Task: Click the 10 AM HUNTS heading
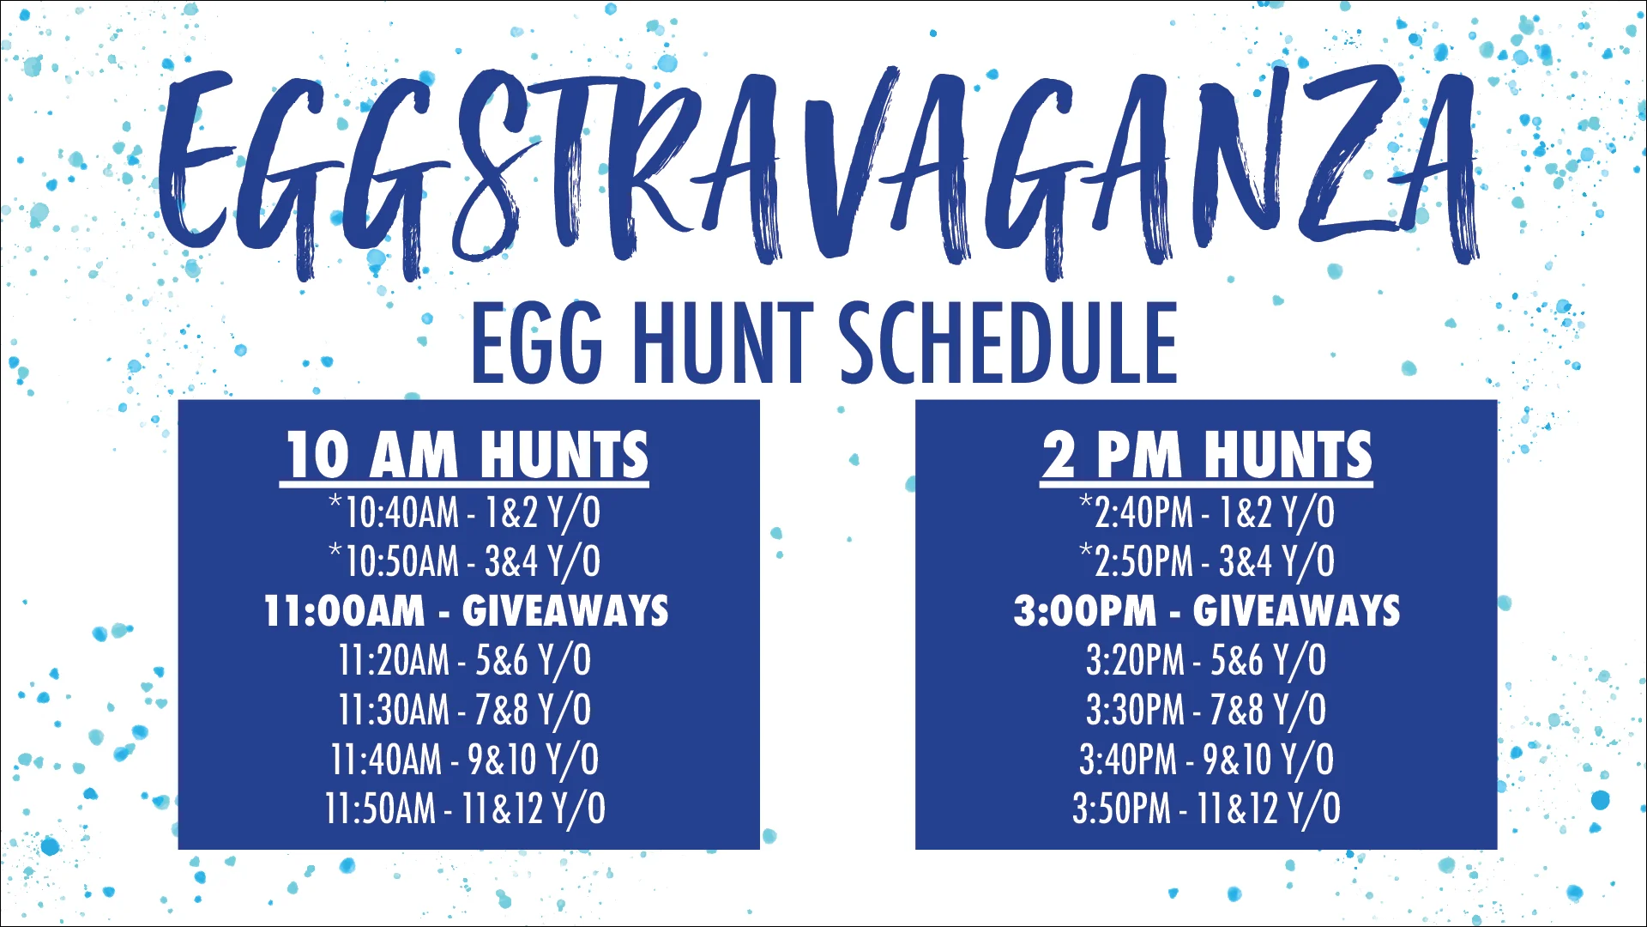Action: [x=464, y=455]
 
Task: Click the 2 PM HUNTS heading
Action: [x=1206, y=455]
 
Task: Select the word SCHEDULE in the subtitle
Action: [x=1007, y=343]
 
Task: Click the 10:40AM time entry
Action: [x=401, y=513]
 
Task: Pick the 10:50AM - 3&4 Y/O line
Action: [x=464, y=562]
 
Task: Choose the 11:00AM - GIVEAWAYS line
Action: [x=466, y=611]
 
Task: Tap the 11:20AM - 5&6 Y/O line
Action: [x=464, y=661]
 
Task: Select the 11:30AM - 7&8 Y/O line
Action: [x=464, y=710]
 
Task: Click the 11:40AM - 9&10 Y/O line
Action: [x=464, y=760]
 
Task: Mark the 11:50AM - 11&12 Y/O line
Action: [x=464, y=809]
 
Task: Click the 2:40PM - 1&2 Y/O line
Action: [x=1206, y=513]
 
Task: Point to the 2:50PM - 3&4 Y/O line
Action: [x=1206, y=562]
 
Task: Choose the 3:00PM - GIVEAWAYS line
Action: [x=1206, y=611]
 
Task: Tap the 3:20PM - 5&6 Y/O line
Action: [x=1206, y=661]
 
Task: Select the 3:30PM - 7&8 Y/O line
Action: [x=1206, y=710]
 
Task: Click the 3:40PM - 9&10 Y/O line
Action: [x=1206, y=760]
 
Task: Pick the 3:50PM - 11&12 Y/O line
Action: [x=1206, y=809]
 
